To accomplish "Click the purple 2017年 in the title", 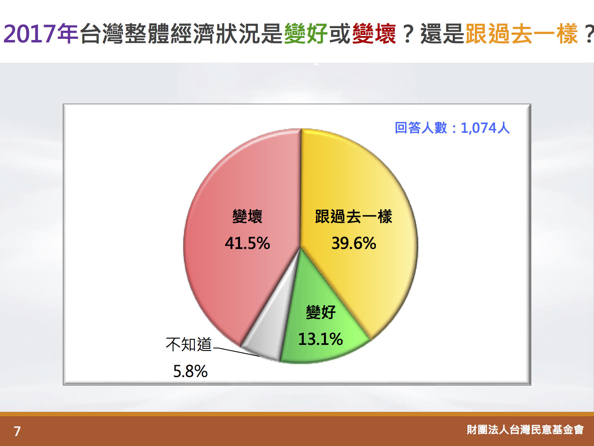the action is click(x=41, y=34).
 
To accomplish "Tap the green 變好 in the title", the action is click(x=306, y=34).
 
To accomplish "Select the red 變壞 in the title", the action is click(x=374, y=34).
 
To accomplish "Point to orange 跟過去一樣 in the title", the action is click(x=522, y=34).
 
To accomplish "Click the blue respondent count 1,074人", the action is click(x=485, y=128).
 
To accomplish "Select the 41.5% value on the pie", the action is click(x=247, y=243).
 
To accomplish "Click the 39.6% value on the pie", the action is click(x=354, y=243).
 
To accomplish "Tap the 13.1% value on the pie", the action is click(x=320, y=339).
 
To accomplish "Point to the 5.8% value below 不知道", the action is click(x=190, y=371).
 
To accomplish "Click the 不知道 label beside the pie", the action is click(x=188, y=345).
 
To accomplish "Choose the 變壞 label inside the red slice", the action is click(x=247, y=216).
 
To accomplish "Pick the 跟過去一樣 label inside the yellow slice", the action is click(x=354, y=216).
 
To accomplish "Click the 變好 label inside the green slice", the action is click(x=321, y=312).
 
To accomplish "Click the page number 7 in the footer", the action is click(x=17, y=431).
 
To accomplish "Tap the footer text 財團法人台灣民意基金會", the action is click(x=525, y=430).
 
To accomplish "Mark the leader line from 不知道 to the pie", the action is click(x=236, y=352).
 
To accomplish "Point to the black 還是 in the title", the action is click(x=442, y=34).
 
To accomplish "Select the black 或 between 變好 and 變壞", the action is click(x=340, y=34).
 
